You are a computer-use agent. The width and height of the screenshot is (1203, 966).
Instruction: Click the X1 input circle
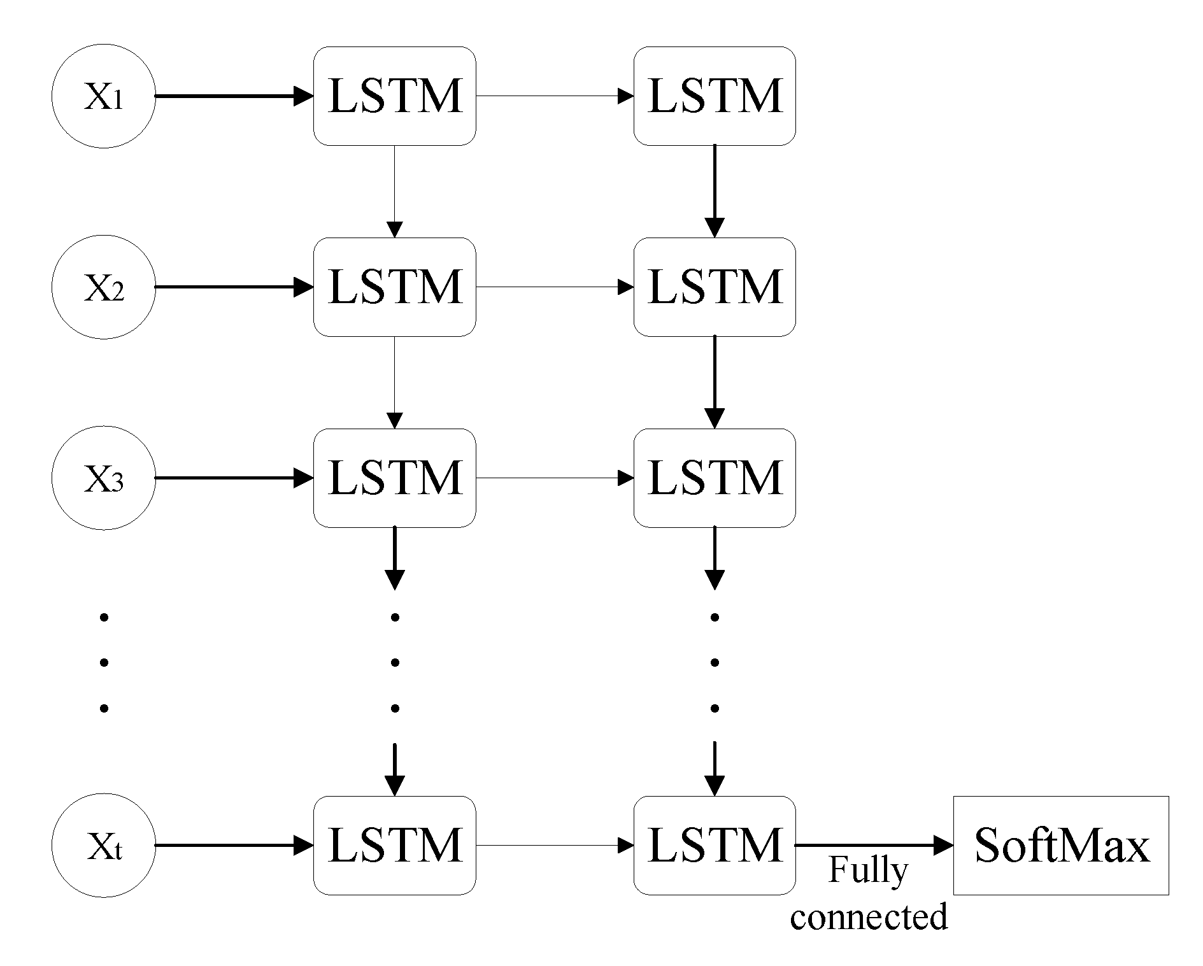[103, 96]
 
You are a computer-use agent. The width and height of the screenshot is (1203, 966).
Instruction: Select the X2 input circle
[103, 287]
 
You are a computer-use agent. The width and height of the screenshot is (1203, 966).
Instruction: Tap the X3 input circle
[103, 478]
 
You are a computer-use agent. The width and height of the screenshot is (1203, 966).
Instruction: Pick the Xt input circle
[103, 846]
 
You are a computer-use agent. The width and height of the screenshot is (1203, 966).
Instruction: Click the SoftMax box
[1060, 846]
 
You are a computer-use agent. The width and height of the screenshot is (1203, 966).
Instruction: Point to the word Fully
[867, 871]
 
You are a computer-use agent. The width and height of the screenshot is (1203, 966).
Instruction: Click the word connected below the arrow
[869, 917]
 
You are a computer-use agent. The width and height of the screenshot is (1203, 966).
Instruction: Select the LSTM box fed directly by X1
[394, 96]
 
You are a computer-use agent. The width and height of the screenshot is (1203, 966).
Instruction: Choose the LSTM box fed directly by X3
[394, 478]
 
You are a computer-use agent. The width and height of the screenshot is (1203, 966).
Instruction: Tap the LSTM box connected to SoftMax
[714, 846]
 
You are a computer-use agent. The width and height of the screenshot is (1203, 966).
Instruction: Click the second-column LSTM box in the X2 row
[714, 287]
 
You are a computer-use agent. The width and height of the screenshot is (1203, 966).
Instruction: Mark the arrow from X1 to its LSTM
[234, 96]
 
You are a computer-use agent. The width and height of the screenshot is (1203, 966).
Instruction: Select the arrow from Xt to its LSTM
[234, 846]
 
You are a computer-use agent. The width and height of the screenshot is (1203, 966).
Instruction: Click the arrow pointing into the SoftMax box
[874, 846]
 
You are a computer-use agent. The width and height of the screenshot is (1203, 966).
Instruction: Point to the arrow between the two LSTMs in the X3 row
[554, 478]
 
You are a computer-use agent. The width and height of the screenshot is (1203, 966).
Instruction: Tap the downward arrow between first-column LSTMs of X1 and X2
[394, 191]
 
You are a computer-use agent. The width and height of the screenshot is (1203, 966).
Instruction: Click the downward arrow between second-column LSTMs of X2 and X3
[714, 382]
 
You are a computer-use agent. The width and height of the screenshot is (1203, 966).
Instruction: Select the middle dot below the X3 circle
[104, 663]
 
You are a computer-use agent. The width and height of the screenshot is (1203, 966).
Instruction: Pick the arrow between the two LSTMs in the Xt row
[554, 846]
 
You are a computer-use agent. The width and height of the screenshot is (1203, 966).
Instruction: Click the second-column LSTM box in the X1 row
[714, 96]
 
